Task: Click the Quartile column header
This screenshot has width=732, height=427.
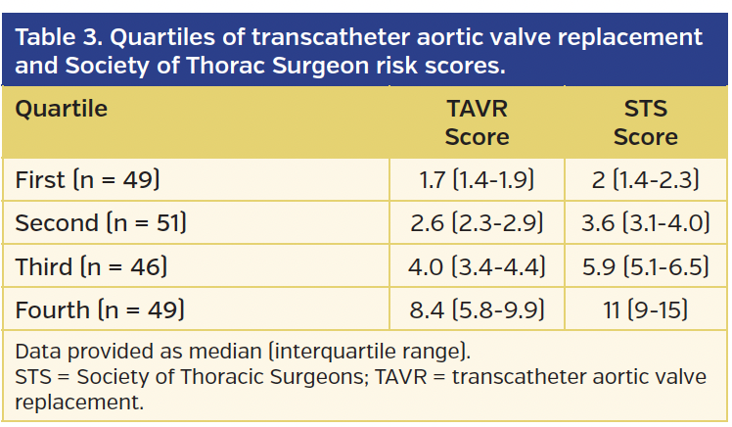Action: pos(61,107)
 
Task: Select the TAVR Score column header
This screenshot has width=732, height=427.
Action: pos(477,121)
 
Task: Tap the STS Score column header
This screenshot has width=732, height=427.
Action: pos(645,121)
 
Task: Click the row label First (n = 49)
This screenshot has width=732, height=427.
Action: pos(87,180)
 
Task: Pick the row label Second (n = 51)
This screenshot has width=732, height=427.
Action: pos(101,223)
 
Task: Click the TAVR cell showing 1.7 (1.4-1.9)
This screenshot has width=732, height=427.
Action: pos(477,180)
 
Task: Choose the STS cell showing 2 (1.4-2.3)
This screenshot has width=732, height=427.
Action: pos(645,180)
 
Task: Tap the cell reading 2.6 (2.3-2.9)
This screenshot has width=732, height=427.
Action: pos(477,223)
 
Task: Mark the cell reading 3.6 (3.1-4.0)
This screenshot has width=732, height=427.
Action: pos(645,223)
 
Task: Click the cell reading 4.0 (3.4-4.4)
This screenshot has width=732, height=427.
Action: pos(477,267)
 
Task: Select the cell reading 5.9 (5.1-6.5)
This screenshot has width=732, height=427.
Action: pos(645,267)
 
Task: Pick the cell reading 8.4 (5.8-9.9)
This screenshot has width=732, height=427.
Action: pos(477,310)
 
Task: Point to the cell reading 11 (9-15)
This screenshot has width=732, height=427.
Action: pos(645,310)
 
